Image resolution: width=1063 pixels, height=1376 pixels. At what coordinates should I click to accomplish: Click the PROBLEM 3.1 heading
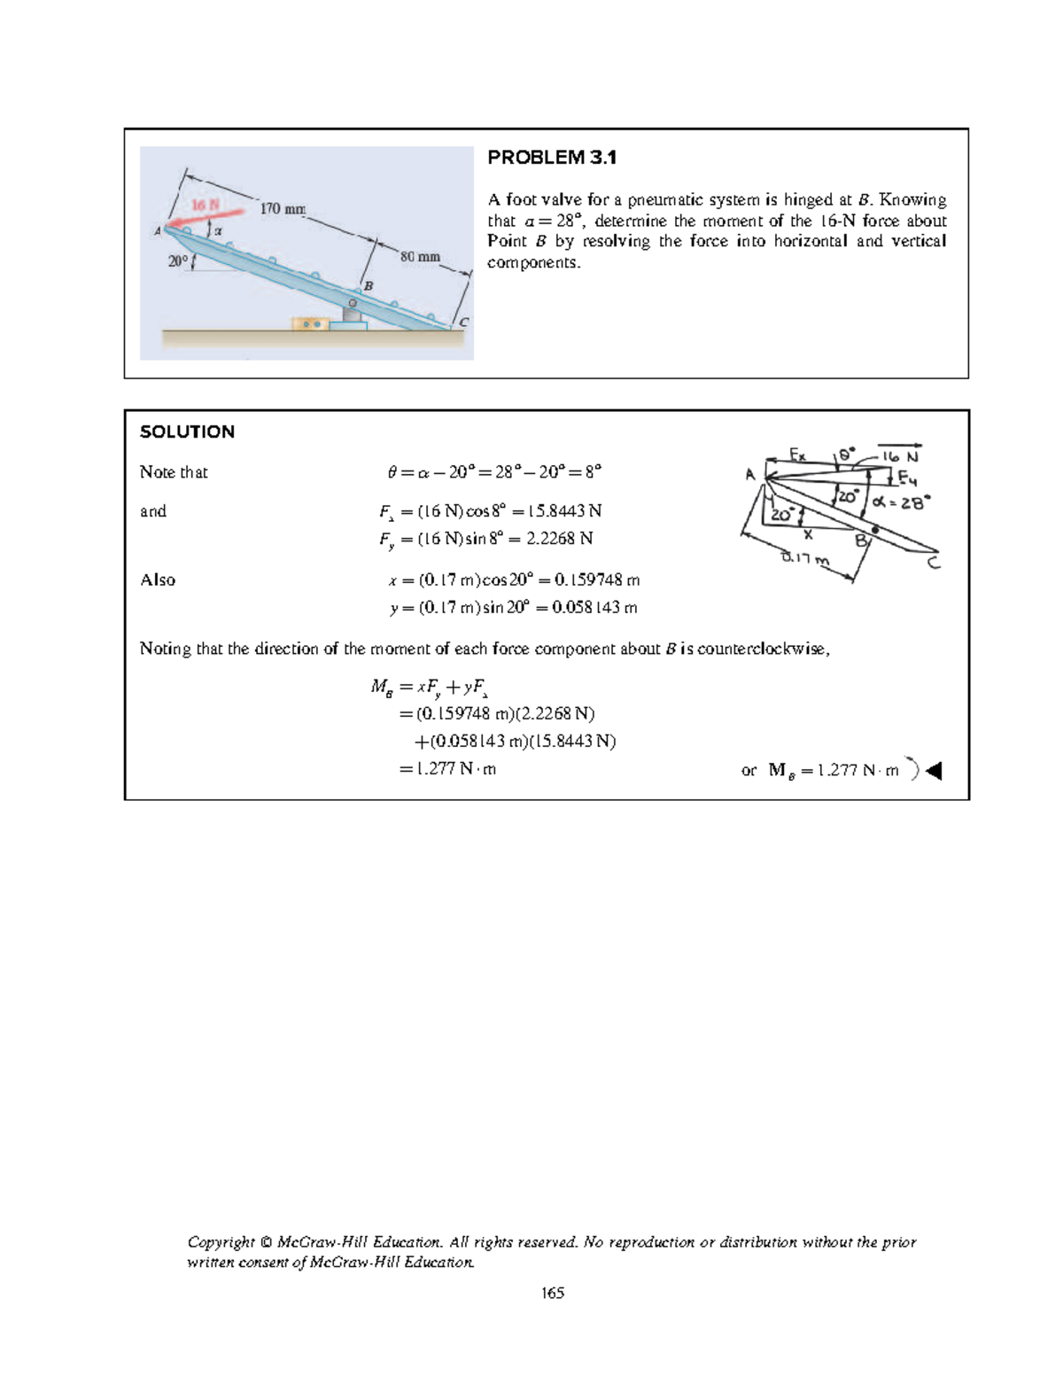click(x=552, y=158)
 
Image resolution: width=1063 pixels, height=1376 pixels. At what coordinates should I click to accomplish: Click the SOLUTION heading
click(x=187, y=431)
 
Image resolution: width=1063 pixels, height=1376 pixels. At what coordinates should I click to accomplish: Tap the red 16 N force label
click(x=206, y=205)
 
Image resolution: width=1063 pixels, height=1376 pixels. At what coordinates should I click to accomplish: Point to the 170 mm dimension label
click(x=283, y=208)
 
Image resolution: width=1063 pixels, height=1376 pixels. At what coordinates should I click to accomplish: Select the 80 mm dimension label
click(x=420, y=257)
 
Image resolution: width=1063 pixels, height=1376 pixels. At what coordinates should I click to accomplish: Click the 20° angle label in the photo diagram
click(x=178, y=261)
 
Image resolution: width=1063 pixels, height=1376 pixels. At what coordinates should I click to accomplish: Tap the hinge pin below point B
click(x=352, y=304)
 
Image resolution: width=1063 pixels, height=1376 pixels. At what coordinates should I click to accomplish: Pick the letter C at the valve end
click(x=463, y=322)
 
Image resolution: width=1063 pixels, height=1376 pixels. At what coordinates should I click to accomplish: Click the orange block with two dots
click(x=310, y=324)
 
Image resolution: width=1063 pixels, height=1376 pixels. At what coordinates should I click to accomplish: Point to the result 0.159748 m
click(x=596, y=580)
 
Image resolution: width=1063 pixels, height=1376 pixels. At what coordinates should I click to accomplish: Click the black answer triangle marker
click(x=934, y=771)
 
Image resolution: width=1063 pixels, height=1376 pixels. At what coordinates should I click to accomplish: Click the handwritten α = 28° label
click(x=901, y=502)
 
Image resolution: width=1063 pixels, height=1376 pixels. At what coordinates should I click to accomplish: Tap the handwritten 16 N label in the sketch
click(x=901, y=457)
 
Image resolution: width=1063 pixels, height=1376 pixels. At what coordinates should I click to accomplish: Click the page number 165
click(x=553, y=1293)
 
